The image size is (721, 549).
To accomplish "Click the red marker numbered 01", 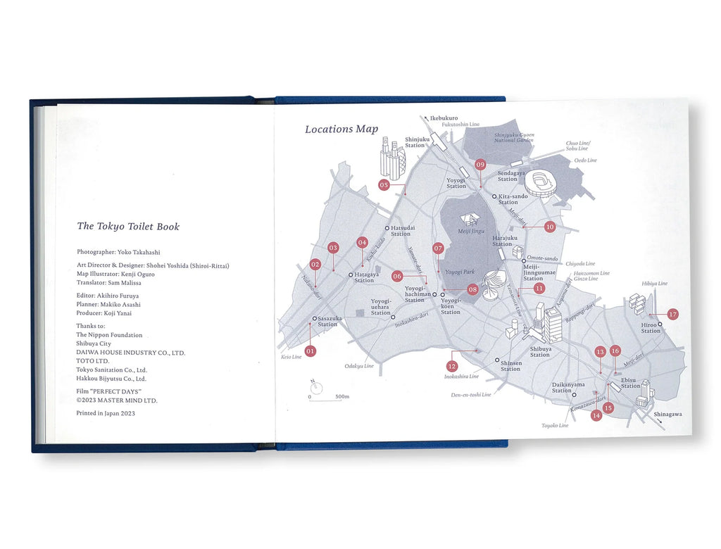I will pyautogui.click(x=311, y=350).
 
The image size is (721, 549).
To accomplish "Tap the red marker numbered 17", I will pyautogui.click(x=672, y=315).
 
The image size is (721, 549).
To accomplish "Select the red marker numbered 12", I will pyautogui.click(x=452, y=366).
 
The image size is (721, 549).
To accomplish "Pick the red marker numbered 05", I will pyautogui.click(x=384, y=185).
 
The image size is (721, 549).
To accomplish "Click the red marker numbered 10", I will pyautogui.click(x=550, y=227).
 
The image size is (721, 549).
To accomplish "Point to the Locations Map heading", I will pyautogui.click(x=341, y=129).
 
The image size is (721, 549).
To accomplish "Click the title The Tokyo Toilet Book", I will pyautogui.click(x=128, y=227).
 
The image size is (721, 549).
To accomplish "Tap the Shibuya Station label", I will pyautogui.click(x=540, y=351).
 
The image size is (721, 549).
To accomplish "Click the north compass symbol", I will pyautogui.click(x=317, y=386).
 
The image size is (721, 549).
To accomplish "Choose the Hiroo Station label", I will pyautogui.click(x=651, y=328).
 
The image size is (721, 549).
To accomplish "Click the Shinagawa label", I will pyautogui.click(x=667, y=415).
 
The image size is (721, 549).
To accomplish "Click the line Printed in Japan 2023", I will pyautogui.click(x=106, y=413).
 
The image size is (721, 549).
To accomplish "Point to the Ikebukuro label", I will pyautogui.click(x=443, y=118).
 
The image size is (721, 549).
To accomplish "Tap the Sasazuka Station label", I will pyautogui.click(x=328, y=321).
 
